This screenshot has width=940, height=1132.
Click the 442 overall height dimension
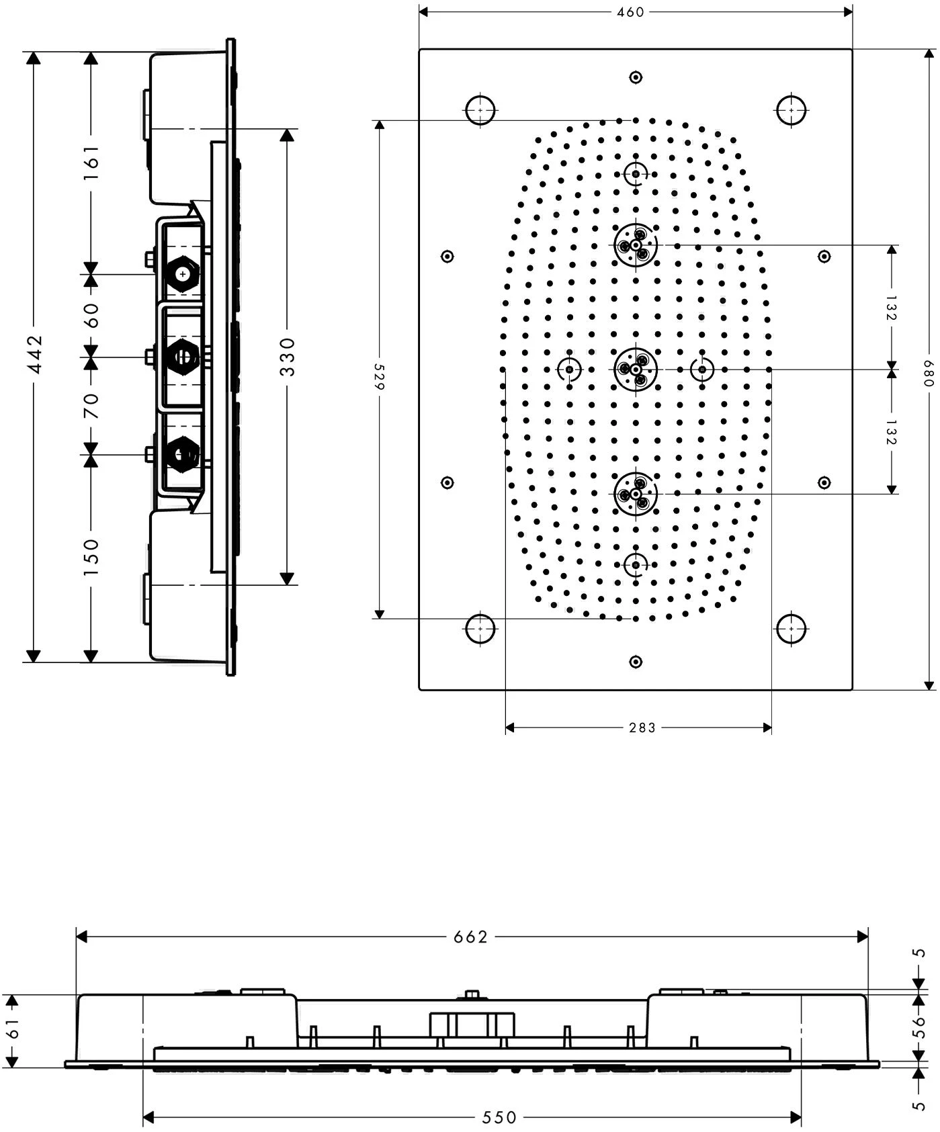click(34, 354)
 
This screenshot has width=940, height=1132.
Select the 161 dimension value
click(91, 161)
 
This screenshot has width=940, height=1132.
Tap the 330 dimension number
click(287, 357)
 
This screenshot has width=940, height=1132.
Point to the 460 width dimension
click(630, 11)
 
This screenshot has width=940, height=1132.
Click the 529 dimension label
click(378, 377)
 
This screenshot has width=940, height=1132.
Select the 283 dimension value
click(642, 727)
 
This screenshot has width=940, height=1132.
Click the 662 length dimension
click(470, 937)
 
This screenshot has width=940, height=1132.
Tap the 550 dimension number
click(499, 1117)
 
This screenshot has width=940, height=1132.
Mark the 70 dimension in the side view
click(91, 406)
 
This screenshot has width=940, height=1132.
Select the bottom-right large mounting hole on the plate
click(792, 629)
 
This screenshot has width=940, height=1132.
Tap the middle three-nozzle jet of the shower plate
click(635, 369)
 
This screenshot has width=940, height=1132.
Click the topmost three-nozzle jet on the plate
click(635, 245)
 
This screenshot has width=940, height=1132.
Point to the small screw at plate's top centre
click(636, 77)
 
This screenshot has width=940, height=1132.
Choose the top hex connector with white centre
click(182, 273)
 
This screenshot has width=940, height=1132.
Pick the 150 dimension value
click(91, 557)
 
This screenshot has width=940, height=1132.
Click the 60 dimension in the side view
click(91, 315)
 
